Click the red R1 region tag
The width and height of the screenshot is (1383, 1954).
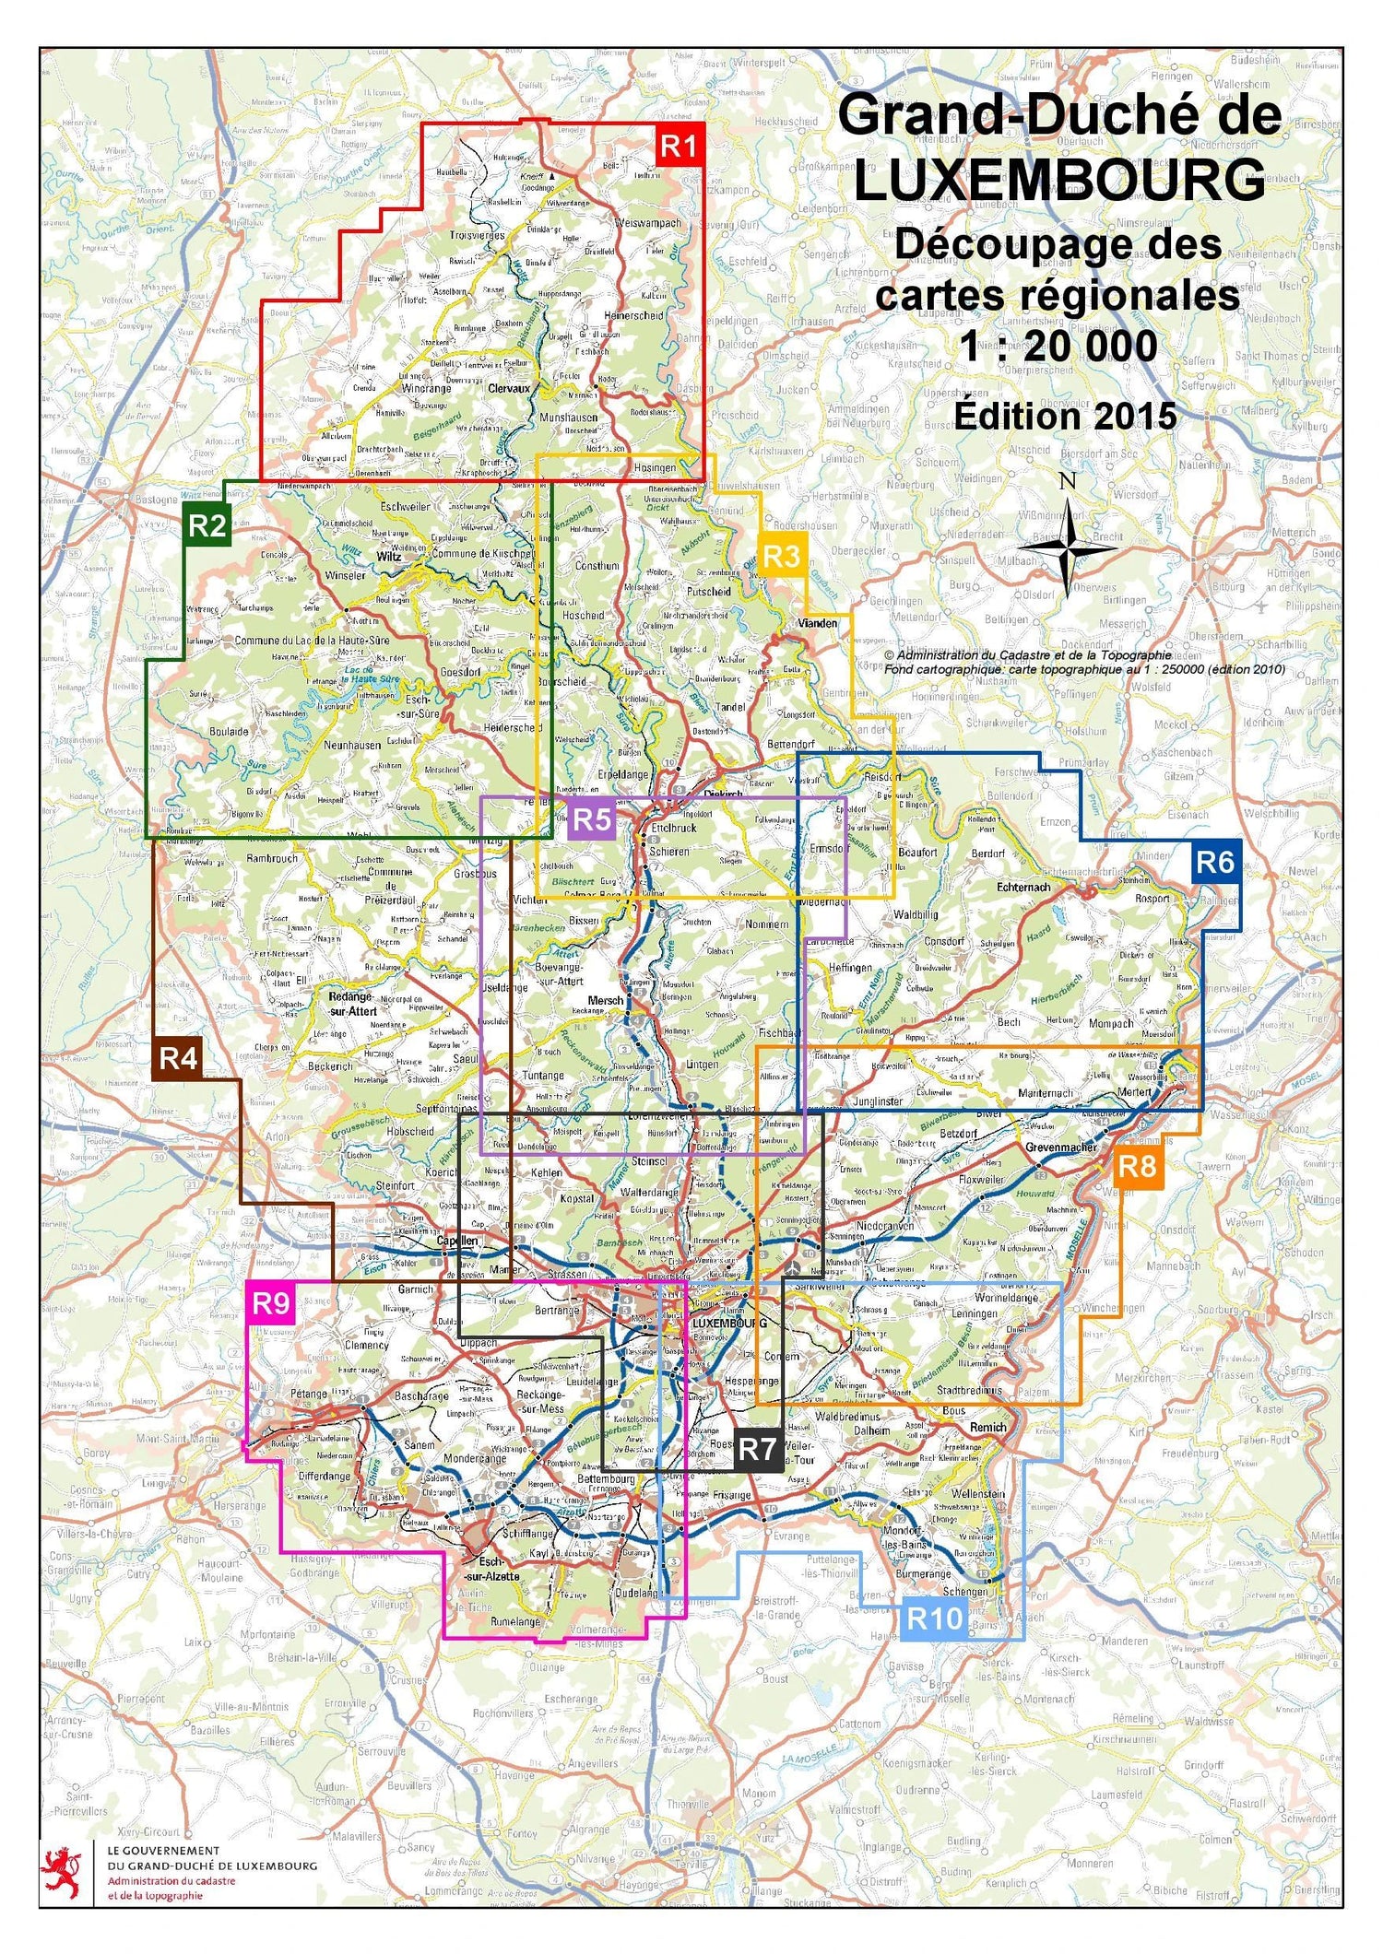pyautogui.click(x=680, y=145)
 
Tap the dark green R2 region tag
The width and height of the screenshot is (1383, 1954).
pyautogui.click(x=207, y=525)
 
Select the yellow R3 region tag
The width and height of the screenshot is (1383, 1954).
pyautogui.click(x=782, y=556)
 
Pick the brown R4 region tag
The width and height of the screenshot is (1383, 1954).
pyautogui.click(x=177, y=1058)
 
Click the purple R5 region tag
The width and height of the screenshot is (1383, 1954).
pyautogui.click(x=592, y=818)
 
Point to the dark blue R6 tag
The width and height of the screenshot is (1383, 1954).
pyautogui.click(x=1214, y=862)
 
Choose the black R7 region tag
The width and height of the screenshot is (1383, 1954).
pyautogui.click(x=757, y=1449)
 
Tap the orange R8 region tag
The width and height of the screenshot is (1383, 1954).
pyautogui.click(x=1136, y=1166)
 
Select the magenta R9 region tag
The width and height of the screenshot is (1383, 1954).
pyautogui.click(x=271, y=1302)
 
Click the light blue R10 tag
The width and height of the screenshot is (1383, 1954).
pyautogui.click(x=934, y=1618)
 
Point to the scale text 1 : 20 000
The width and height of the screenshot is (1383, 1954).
pyautogui.click(x=1058, y=347)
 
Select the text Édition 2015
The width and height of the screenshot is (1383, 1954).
pyautogui.click(x=1065, y=416)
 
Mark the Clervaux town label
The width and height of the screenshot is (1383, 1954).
pyautogui.click(x=509, y=389)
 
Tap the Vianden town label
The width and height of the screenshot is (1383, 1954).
pyautogui.click(x=818, y=623)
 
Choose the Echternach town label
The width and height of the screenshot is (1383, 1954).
pyautogui.click(x=1023, y=887)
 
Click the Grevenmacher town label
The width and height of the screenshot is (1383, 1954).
pyautogui.click(x=1061, y=1148)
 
